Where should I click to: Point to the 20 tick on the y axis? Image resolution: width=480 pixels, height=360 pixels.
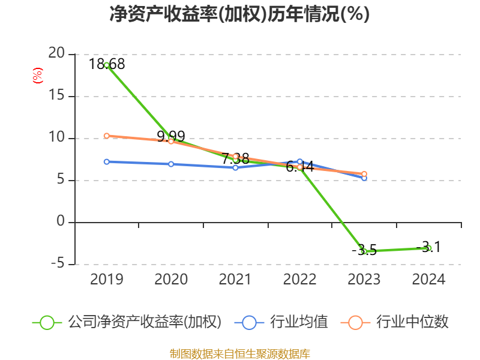pyautogui.click(x=56, y=53)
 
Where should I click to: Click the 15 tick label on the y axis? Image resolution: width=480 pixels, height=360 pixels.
pyautogui.click(x=56, y=96)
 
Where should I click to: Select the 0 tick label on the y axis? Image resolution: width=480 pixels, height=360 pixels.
pyautogui.click(x=60, y=222)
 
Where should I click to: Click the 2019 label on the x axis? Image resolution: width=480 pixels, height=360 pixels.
pyautogui.click(x=106, y=279)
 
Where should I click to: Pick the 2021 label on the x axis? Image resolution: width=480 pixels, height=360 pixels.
pyautogui.click(x=235, y=279)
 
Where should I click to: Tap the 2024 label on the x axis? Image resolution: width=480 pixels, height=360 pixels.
pyautogui.click(x=428, y=279)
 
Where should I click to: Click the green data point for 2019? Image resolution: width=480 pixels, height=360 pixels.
pyautogui.click(x=107, y=65)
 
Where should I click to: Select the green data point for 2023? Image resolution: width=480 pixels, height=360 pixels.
pyautogui.click(x=364, y=251)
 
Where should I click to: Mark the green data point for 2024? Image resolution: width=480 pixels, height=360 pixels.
pyautogui.click(x=428, y=248)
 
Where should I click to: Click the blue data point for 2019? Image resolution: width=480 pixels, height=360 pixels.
pyautogui.click(x=107, y=161)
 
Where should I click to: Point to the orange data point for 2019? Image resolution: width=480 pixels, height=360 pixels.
pyautogui.click(x=107, y=136)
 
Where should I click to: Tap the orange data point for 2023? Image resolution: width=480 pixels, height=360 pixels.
pyautogui.click(x=364, y=174)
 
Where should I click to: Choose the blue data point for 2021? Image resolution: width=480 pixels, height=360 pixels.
pyautogui.click(x=235, y=167)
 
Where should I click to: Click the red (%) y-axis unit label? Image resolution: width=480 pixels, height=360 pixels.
pyautogui.click(x=38, y=76)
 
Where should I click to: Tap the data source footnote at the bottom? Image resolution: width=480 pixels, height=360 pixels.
pyautogui.click(x=239, y=353)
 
